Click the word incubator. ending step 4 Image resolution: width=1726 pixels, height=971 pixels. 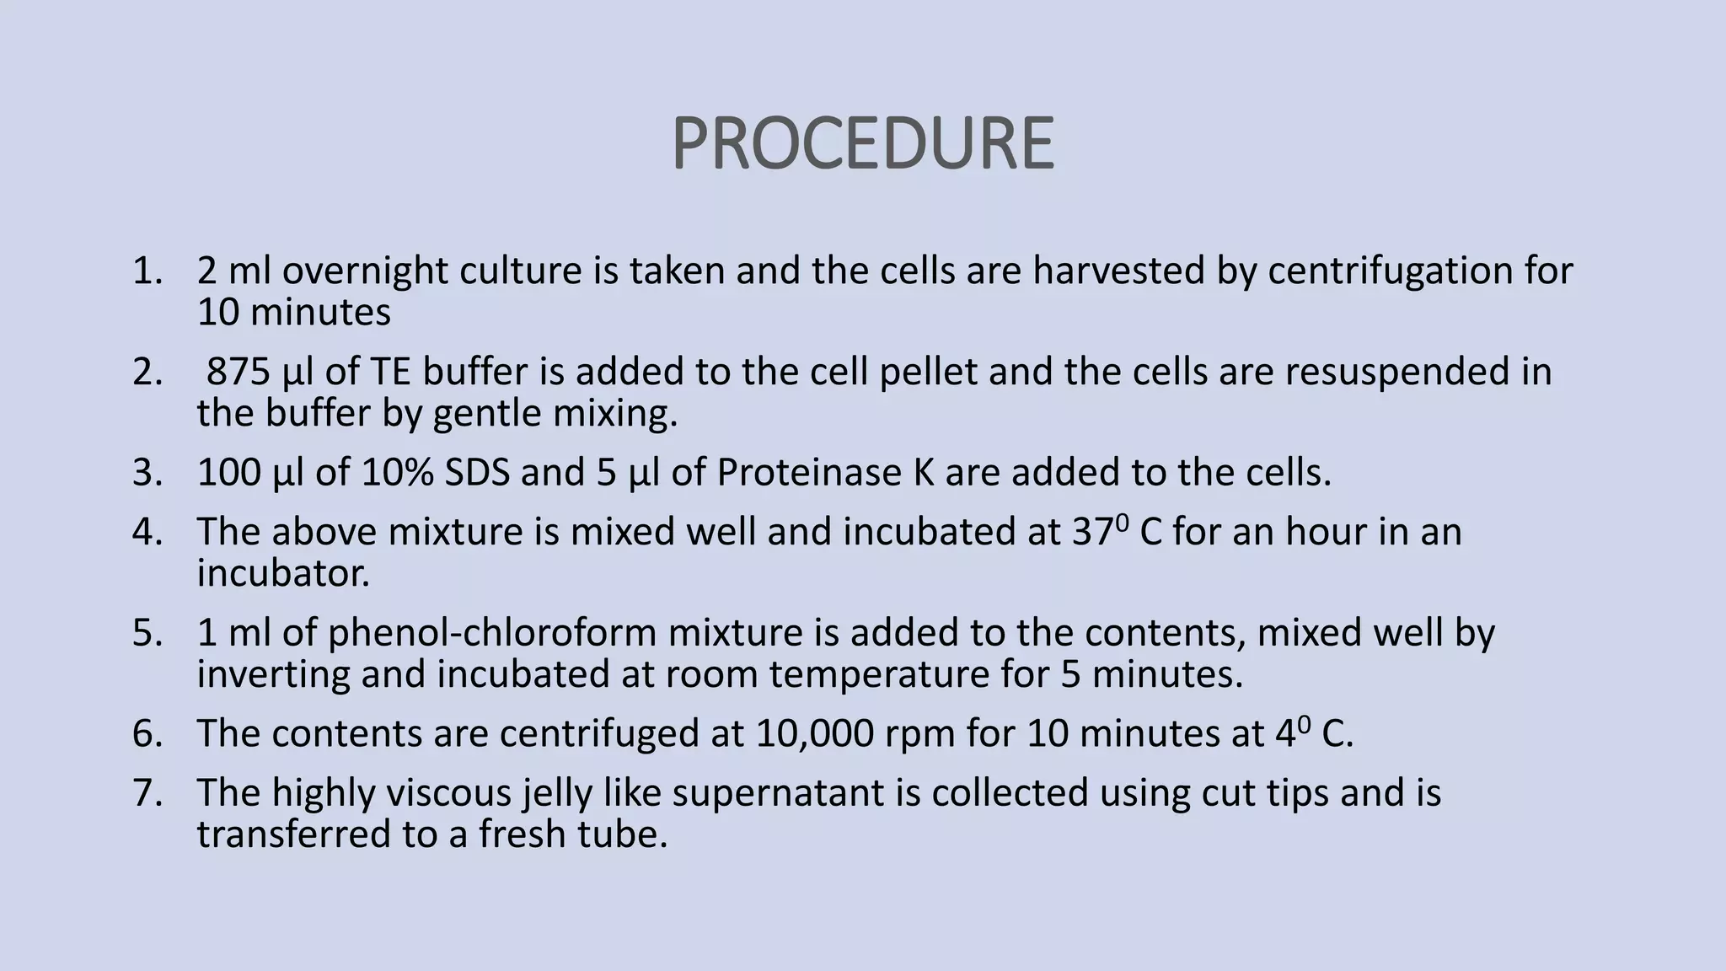(283, 574)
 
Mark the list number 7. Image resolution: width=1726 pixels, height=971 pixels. (145, 793)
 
